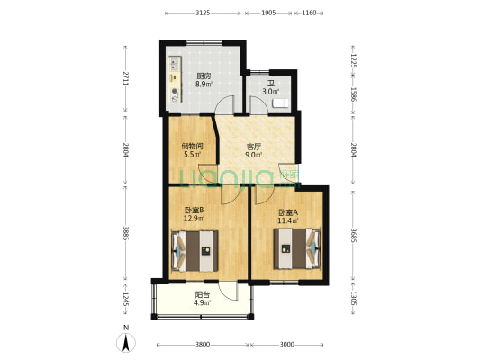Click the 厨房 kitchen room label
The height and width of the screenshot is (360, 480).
204,76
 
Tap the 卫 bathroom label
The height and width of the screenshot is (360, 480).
270,84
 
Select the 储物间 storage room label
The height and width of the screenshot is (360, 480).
192,146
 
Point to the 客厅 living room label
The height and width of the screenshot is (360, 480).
254,147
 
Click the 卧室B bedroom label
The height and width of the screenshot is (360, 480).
194,210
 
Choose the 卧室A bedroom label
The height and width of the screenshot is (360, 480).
288,212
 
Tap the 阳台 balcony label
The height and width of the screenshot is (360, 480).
203,295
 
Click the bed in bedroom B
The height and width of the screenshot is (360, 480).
195,251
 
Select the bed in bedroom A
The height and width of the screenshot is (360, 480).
297,248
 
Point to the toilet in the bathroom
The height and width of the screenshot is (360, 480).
280,103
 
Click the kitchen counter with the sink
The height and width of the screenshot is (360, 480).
175,79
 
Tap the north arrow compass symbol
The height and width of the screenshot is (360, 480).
126,343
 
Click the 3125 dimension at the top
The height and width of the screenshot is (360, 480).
203,13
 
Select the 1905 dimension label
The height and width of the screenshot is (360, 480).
268,13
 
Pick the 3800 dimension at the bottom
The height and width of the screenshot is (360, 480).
203,345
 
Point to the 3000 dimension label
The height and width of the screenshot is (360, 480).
287,345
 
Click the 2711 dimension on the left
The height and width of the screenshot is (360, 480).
125,78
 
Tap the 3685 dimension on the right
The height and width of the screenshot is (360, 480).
353,235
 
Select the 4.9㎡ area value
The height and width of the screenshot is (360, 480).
202,302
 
